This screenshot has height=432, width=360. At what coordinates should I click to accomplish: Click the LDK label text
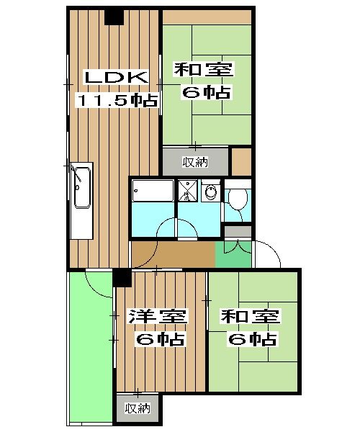pos(114,77)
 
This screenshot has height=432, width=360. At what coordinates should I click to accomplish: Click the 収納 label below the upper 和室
pos(194,161)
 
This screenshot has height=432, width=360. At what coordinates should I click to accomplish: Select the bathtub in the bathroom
pos(153,191)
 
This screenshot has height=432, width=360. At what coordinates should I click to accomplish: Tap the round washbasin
pos(210,192)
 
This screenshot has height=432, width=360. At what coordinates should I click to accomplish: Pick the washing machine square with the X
pos(187,191)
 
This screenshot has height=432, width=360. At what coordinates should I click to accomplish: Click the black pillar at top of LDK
pos(114,17)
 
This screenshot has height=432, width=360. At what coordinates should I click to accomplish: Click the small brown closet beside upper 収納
pos(241,161)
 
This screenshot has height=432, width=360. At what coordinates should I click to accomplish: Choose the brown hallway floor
pos(173,253)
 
